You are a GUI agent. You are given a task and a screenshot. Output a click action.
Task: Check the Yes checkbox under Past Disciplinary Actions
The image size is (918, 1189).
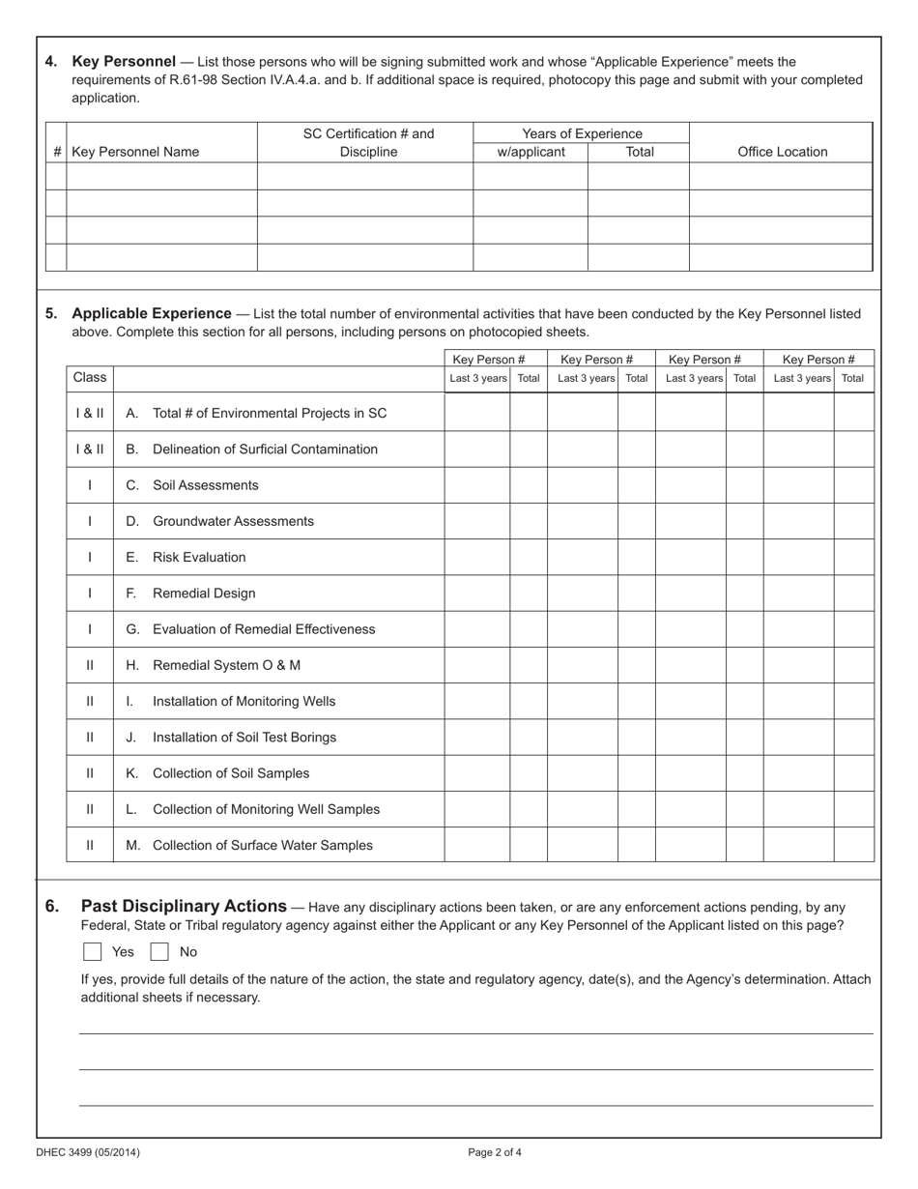(x=93, y=952)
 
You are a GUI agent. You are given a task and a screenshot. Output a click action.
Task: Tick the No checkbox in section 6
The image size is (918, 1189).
(x=159, y=952)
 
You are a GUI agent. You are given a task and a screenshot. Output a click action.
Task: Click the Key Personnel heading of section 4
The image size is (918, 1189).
(x=124, y=62)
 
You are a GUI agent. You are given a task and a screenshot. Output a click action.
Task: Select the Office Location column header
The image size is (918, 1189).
(x=782, y=152)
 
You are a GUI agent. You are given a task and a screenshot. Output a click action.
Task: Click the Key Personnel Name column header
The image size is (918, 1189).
(x=135, y=152)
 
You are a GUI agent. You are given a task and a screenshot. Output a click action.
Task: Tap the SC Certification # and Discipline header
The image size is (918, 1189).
(x=368, y=142)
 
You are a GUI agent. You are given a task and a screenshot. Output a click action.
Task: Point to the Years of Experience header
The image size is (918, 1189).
(x=582, y=133)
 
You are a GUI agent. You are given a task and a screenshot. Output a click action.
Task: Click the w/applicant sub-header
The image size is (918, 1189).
(x=531, y=152)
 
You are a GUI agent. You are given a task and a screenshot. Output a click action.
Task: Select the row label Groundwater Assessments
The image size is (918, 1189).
(x=233, y=521)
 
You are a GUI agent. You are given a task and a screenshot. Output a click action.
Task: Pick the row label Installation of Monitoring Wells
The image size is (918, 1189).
(x=244, y=702)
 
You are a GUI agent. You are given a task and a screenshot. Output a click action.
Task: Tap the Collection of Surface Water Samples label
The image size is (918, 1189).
(x=262, y=846)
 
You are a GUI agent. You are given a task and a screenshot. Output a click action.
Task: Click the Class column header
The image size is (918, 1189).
(x=90, y=377)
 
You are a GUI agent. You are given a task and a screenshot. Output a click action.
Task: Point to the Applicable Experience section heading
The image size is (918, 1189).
(x=152, y=314)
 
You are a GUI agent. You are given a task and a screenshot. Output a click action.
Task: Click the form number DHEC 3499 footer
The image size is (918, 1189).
(x=81, y=1152)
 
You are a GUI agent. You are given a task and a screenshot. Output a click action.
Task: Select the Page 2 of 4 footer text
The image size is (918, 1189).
(x=495, y=1152)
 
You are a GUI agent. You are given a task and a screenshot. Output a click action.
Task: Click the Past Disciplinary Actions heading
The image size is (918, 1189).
(x=184, y=907)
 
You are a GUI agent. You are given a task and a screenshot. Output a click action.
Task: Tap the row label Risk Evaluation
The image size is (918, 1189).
(x=199, y=558)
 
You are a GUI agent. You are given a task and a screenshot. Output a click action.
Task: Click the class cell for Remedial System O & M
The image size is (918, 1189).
(x=90, y=666)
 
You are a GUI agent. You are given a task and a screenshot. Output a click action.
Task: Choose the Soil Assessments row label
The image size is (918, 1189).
(x=205, y=485)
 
